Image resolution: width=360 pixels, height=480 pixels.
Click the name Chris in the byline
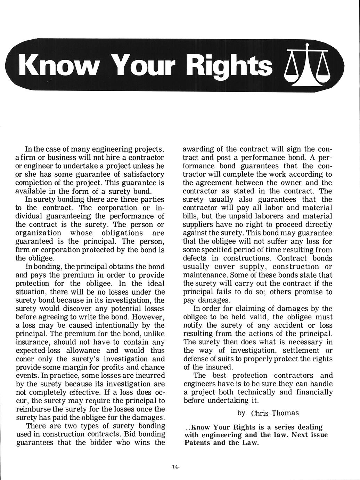tap(260, 413)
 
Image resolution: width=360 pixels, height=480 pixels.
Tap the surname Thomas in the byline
tap(285, 413)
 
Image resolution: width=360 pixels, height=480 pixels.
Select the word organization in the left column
tap(39, 233)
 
